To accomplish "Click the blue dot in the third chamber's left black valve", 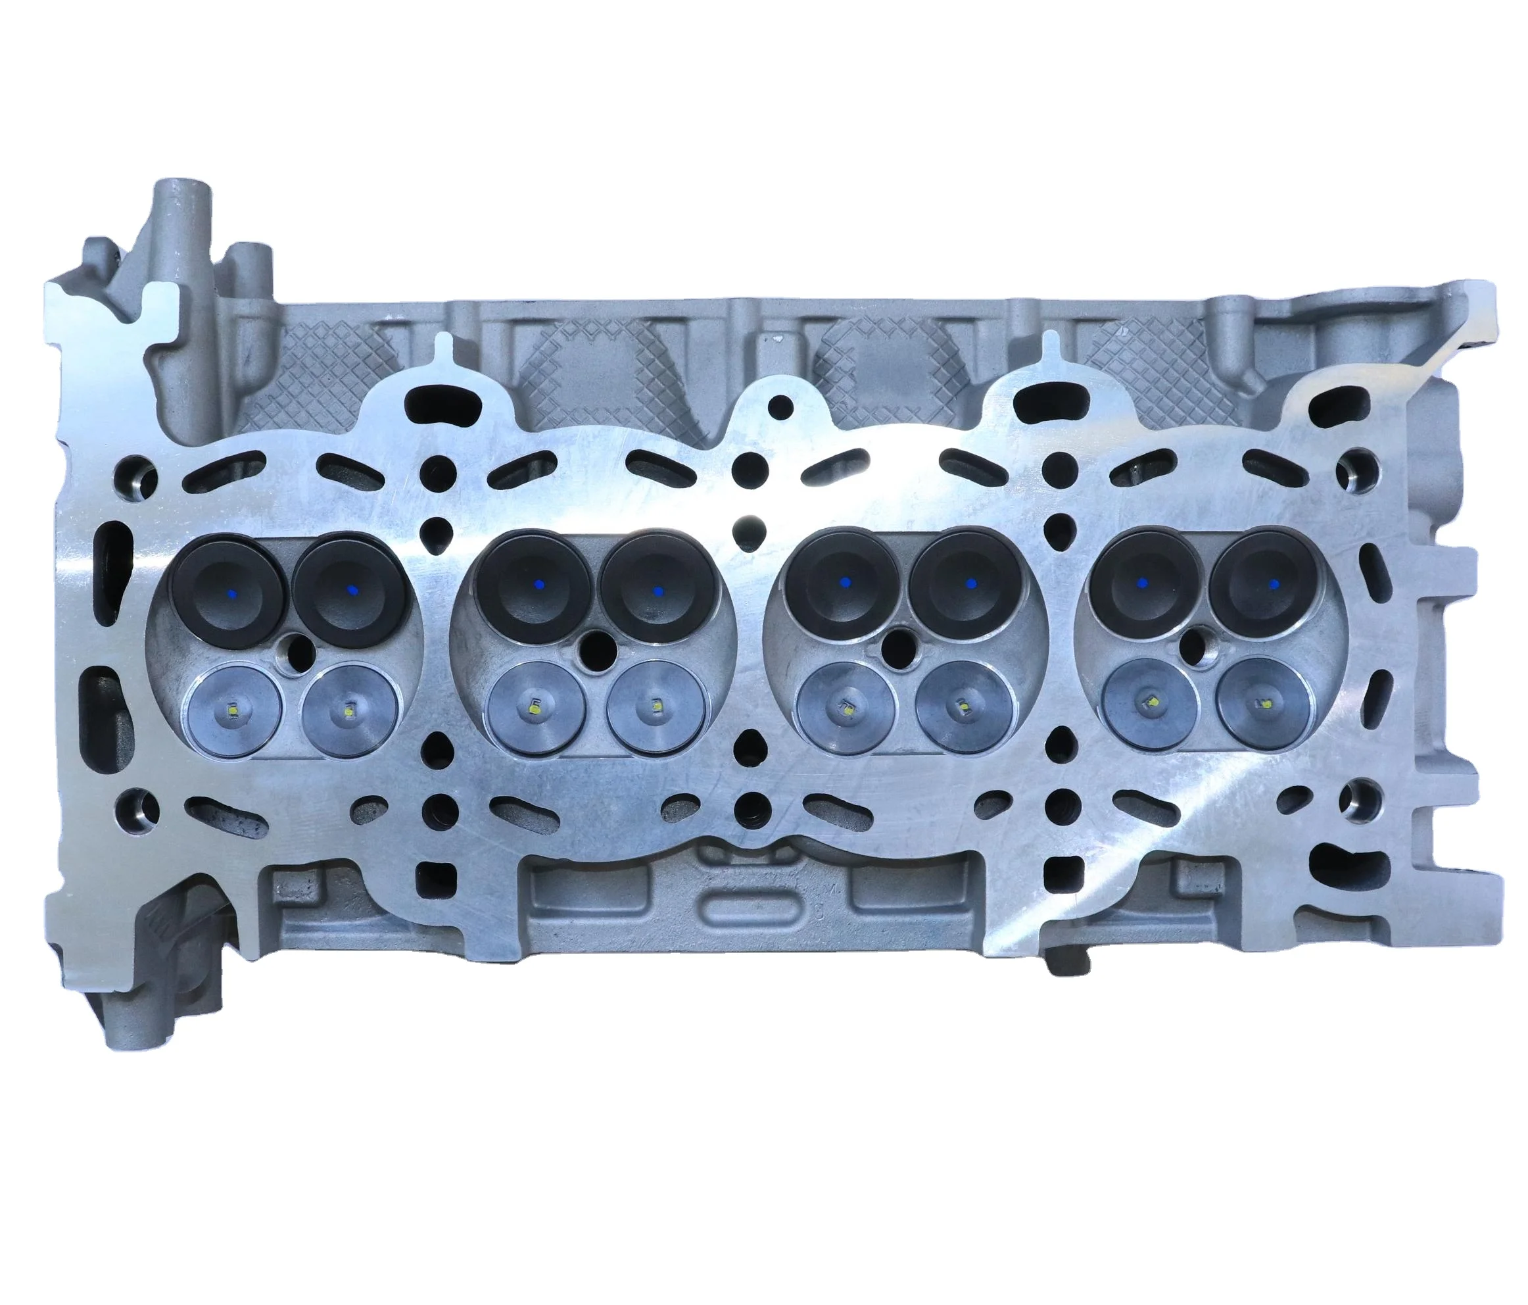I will [844, 583].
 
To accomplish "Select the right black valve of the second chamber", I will [657, 589].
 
